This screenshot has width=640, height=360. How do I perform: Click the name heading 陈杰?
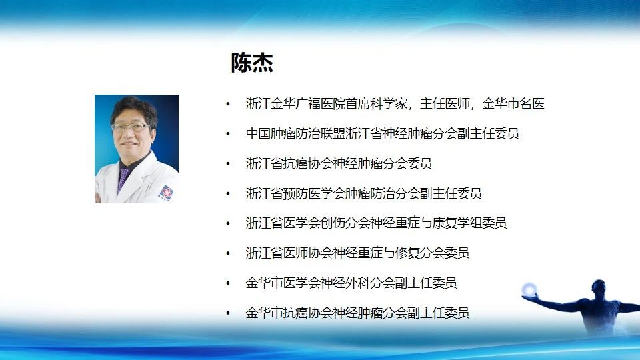[x=252, y=63]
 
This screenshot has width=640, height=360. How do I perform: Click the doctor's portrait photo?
[x=137, y=149]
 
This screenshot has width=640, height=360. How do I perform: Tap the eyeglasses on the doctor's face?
[x=130, y=127]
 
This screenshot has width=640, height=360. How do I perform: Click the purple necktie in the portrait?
[x=123, y=179]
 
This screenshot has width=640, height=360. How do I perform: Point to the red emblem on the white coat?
[x=167, y=192]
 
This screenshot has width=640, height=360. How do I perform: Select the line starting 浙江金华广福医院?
[x=395, y=104]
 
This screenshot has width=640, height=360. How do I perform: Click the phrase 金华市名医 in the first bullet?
[x=513, y=104]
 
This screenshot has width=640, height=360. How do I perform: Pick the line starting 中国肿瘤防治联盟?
[x=383, y=133]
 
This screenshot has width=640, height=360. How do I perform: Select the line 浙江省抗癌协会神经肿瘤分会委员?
[x=339, y=163]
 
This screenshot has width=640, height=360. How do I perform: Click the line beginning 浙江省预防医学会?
[x=364, y=193]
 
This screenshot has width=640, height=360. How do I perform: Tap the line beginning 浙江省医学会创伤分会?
[x=376, y=223]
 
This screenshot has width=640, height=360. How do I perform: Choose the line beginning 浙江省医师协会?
[x=357, y=253]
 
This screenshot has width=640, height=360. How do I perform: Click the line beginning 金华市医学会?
[x=351, y=283]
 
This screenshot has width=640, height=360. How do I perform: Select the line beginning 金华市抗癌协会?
[x=357, y=313]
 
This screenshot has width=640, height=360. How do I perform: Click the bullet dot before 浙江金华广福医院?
[x=228, y=104]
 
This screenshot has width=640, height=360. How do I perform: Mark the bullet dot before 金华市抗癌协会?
[x=228, y=313]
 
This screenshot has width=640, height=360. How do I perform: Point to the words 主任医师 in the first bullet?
[x=445, y=104]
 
